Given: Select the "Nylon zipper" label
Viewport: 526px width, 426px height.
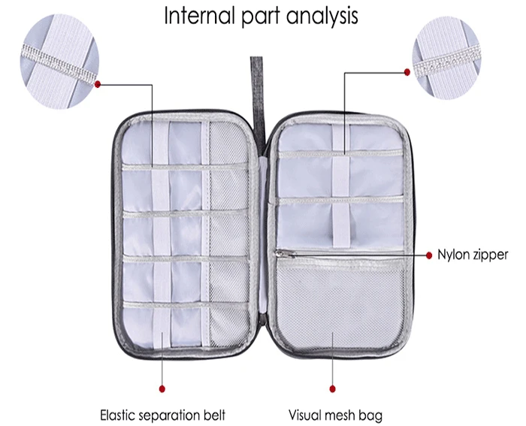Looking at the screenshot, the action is coord(473,255).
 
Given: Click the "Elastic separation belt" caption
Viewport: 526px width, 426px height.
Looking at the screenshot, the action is coord(162,413).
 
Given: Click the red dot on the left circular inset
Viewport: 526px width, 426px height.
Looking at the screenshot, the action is coord(99,83).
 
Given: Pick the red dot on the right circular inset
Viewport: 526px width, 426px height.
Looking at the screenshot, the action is coord(408,72).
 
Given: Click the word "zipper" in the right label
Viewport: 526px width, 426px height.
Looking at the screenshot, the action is coord(490,255).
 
